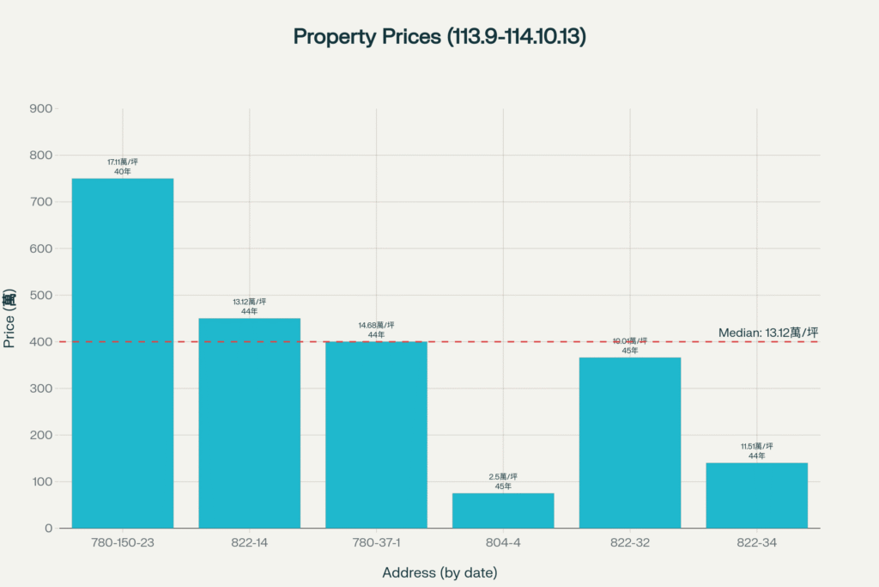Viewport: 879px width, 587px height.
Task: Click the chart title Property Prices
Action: click(439, 37)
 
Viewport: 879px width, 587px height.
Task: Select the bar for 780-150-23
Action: click(123, 352)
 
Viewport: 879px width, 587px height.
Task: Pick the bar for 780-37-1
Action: click(376, 434)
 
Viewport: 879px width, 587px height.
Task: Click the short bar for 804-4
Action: click(503, 511)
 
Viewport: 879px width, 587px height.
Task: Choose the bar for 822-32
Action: click(630, 442)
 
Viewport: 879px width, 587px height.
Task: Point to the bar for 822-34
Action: click(756, 495)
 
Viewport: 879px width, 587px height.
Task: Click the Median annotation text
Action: click(767, 333)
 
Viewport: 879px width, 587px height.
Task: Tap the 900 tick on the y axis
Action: click(41, 108)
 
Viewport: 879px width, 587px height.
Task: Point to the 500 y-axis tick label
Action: click(41, 295)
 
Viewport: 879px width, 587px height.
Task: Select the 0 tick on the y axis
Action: click(49, 528)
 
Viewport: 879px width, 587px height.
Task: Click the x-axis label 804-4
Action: click(503, 545)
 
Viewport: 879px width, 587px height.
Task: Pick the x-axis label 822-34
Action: click(756, 545)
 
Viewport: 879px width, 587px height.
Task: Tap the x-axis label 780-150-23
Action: click(123, 545)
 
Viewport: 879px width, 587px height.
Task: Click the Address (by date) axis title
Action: click(439, 572)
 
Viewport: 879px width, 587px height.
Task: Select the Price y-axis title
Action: click(9, 318)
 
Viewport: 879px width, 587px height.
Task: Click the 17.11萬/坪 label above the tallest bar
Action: click(123, 162)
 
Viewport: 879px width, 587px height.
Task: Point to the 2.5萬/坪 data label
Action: click(503, 477)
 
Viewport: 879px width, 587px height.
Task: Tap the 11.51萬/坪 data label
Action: click(756, 446)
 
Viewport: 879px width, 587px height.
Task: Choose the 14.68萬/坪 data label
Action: click(376, 325)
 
